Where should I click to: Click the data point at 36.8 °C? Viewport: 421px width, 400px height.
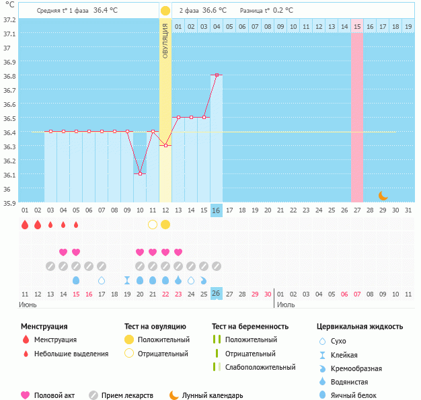coord(217,75)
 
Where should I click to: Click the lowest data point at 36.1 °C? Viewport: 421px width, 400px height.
coord(141,173)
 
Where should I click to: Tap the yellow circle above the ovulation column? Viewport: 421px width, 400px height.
coord(165,11)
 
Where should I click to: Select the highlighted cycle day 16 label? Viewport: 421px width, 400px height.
coord(217,210)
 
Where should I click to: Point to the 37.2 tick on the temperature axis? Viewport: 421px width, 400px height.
coord(9,19)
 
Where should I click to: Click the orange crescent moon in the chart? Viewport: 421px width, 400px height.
coord(383,196)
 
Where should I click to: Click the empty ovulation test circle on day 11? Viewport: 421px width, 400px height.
coord(153,225)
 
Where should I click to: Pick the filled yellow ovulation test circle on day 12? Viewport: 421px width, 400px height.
coord(165,225)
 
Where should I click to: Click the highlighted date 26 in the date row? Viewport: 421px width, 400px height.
coord(217,294)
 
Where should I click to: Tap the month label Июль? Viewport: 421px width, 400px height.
coord(286,305)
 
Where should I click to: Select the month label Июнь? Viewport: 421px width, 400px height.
coord(28,305)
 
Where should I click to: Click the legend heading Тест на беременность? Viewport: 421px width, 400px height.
coord(250,327)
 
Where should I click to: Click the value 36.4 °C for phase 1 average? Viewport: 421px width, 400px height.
coord(106,11)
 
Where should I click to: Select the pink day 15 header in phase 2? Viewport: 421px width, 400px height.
coord(356,26)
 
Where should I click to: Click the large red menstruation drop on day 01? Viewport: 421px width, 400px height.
coord(25,225)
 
